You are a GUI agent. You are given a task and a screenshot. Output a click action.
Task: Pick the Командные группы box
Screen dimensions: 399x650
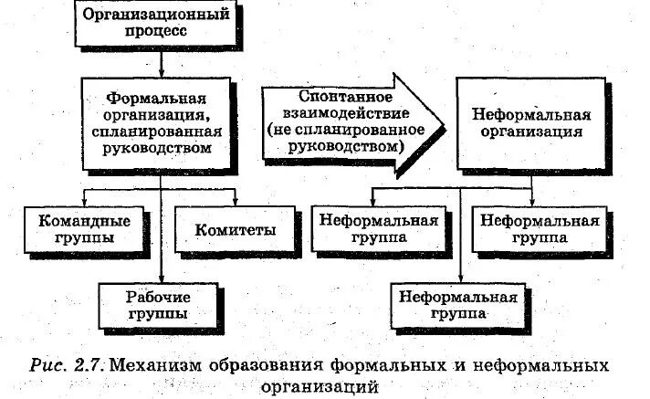point(84,228)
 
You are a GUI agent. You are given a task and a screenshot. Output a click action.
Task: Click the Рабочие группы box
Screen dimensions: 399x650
point(159,305)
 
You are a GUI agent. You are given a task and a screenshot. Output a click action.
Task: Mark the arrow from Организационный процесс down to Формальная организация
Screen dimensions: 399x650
point(161,63)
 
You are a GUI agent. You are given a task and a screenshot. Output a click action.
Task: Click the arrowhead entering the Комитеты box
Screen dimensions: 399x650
point(235,202)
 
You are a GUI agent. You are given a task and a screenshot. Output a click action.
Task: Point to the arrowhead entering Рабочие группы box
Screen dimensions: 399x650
point(161,278)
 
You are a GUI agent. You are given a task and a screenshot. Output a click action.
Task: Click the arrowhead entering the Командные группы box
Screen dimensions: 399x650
point(85,202)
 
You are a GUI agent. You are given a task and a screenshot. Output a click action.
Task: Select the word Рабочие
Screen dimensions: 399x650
point(159,297)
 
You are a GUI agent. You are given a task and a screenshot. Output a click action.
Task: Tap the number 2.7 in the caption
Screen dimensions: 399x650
point(94,365)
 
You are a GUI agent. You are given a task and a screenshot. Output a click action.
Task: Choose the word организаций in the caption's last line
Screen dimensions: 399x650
point(320,386)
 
